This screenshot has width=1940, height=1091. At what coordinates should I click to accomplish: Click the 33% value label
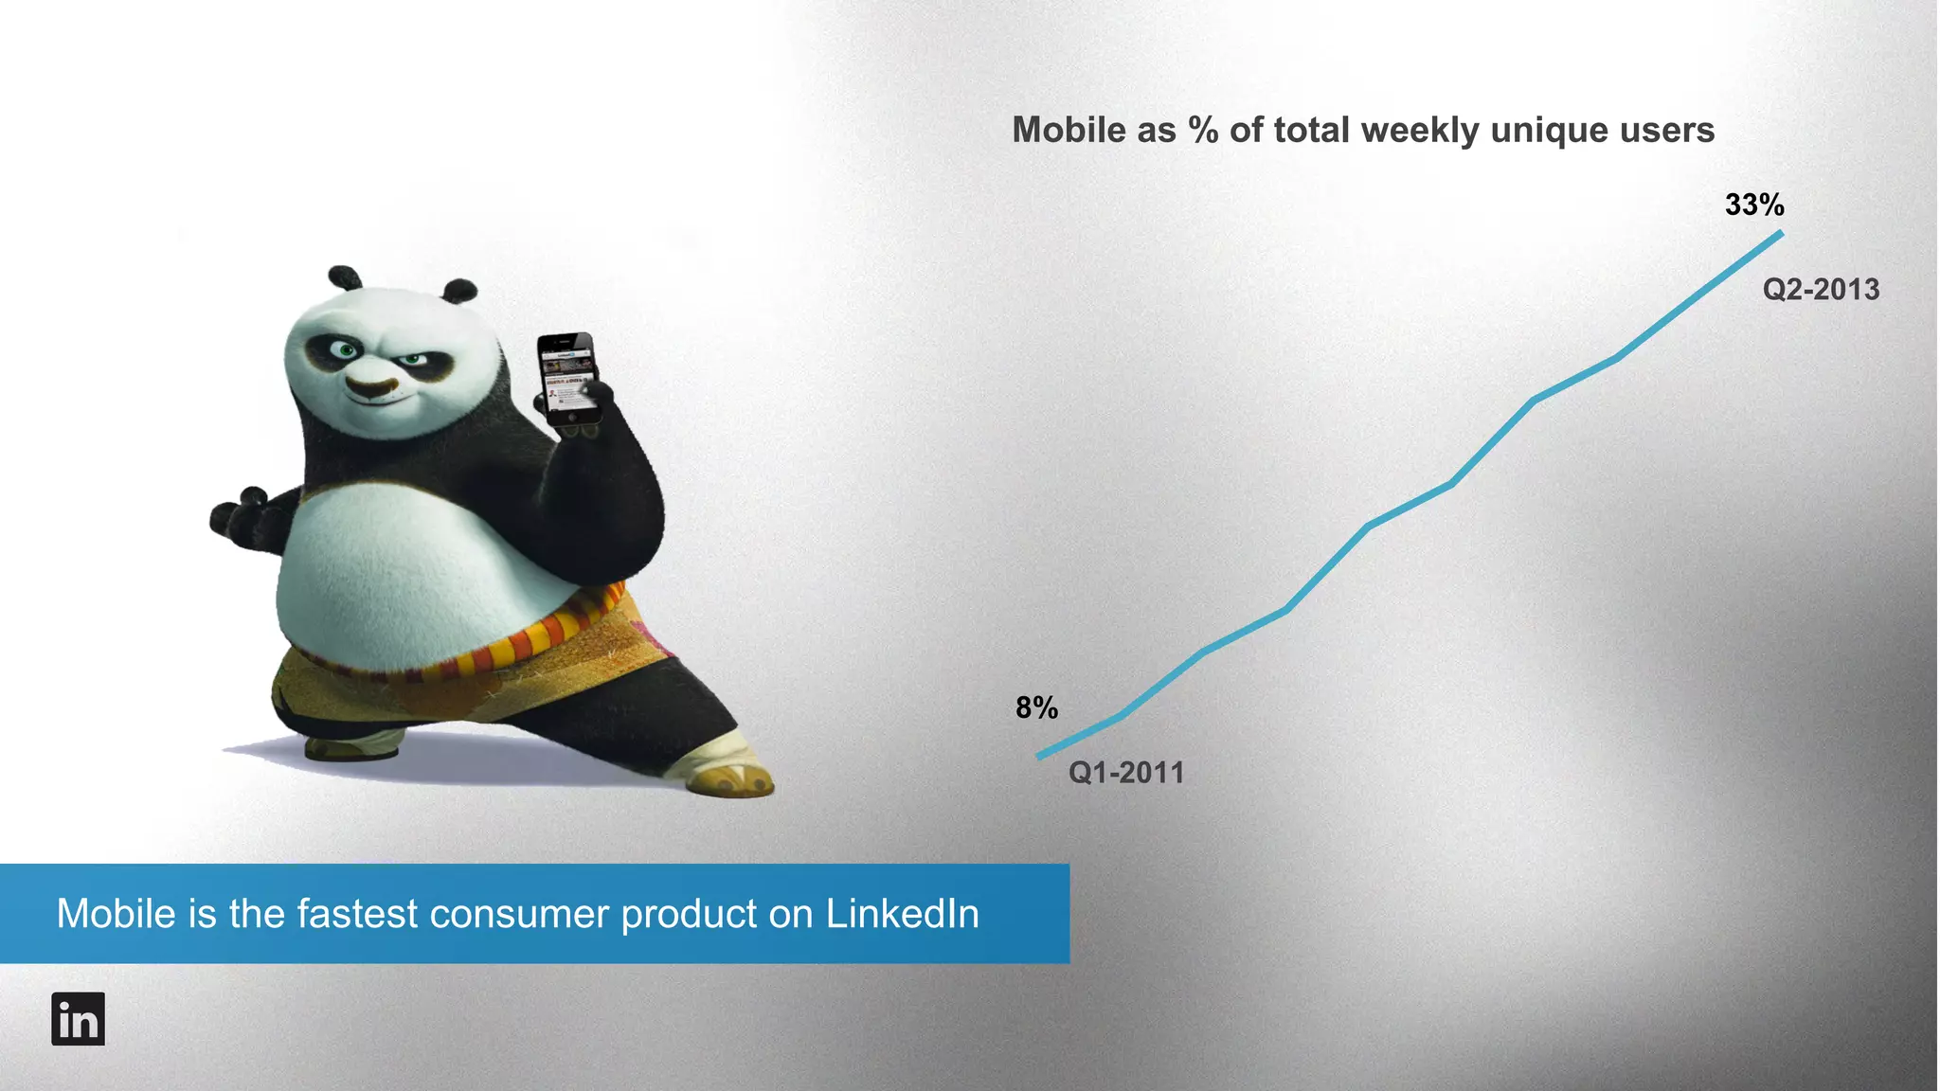tap(1754, 205)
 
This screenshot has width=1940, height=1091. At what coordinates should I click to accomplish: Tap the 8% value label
tap(1036, 707)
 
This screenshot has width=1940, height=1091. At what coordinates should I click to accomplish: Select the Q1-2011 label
tap(1126, 773)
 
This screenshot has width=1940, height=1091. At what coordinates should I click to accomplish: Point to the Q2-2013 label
tap(1821, 289)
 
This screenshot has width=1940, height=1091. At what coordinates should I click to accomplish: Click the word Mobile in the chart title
tap(1067, 131)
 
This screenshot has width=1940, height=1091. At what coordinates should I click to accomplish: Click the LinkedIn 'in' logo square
tap(78, 1019)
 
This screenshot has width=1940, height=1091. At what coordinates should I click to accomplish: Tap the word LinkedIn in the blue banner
tap(902, 914)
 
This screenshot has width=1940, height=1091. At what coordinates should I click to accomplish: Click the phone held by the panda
tap(569, 377)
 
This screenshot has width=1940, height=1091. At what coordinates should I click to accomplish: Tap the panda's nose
tap(368, 386)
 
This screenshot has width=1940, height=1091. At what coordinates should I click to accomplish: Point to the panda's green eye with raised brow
tap(346, 350)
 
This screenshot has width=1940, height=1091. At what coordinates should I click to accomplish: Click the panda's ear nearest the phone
tap(459, 290)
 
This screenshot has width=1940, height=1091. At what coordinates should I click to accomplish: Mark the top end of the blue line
tap(1781, 233)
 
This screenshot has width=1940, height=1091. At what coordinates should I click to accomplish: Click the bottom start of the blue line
tap(1040, 756)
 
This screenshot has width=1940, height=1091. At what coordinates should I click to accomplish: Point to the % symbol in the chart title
tap(1203, 131)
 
